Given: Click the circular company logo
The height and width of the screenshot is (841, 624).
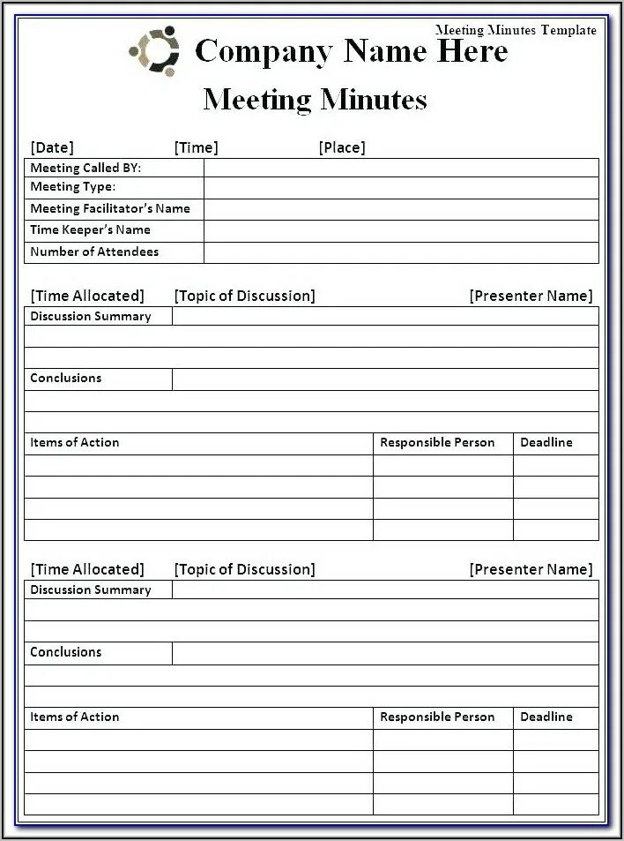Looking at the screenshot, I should click(154, 52).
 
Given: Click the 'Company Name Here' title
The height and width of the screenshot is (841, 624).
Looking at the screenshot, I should click(351, 51).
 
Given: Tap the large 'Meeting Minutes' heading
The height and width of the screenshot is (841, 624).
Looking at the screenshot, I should click(315, 99).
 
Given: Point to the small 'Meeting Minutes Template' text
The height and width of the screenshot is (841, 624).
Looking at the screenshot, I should click(516, 30).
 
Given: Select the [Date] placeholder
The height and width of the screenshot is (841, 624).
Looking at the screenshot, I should click(52, 147).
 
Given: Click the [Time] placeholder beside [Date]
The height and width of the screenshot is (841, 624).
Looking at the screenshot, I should click(196, 147).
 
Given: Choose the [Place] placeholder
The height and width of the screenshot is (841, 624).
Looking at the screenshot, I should click(341, 147).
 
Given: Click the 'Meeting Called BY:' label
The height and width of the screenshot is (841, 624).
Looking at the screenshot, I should click(85, 168).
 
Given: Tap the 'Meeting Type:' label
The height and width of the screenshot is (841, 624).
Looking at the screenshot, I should click(73, 187).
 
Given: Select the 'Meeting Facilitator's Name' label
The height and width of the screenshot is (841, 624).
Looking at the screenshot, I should click(110, 209).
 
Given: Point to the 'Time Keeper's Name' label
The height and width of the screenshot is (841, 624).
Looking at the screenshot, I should click(90, 230).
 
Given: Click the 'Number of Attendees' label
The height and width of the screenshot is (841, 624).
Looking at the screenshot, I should click(94, 252).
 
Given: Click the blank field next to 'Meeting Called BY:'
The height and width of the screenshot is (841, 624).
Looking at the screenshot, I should click(401, 168).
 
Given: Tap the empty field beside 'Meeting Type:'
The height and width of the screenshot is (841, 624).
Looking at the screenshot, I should click(401, 188).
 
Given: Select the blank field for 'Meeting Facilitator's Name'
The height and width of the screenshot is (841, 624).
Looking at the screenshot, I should click(401, 209).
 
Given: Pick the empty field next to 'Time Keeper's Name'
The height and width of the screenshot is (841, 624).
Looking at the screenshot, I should click(401, 231).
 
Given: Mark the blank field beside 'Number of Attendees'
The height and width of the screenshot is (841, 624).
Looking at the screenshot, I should click(401, 252).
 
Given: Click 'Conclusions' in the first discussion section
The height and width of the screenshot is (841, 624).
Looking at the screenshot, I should click(66, 379).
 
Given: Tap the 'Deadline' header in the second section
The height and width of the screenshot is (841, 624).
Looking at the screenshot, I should click(546, 717).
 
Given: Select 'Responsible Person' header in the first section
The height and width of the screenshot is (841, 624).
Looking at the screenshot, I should click(437, 443).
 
